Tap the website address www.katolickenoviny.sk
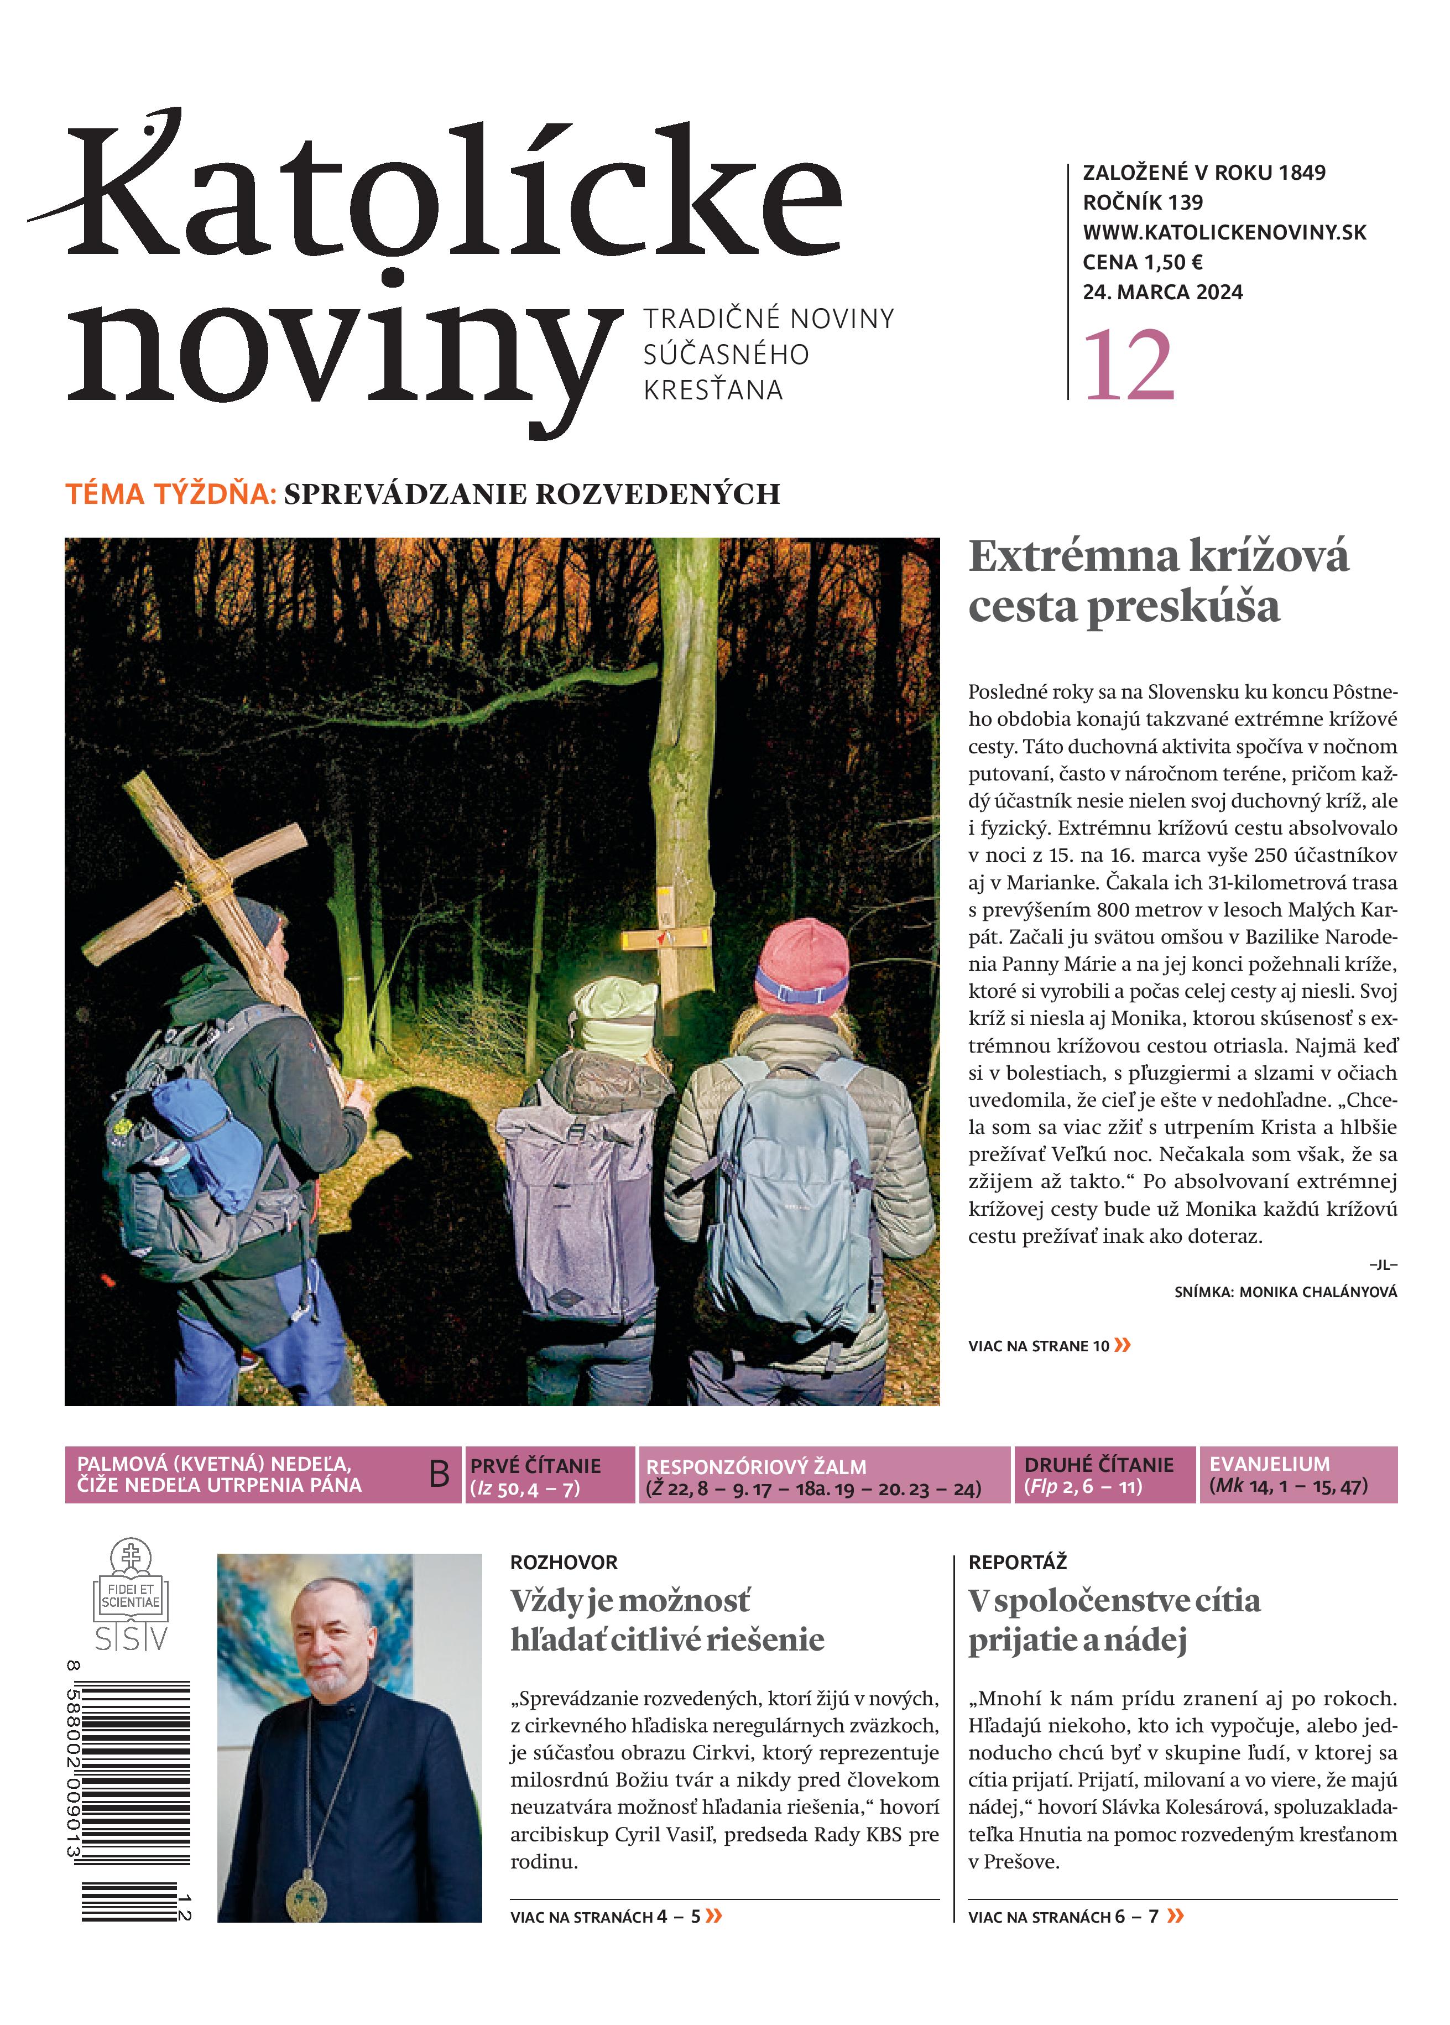point(1224,232)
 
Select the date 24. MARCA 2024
point(1162,292)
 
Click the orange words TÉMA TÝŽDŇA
point(170,494)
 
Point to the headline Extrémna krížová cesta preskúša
point(1158,581)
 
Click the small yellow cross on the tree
point(666,938)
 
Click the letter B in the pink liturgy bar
point(439,1474)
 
